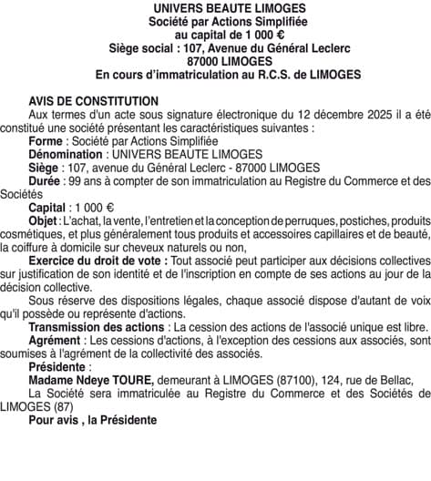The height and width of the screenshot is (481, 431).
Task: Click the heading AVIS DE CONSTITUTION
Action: [93, 100]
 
